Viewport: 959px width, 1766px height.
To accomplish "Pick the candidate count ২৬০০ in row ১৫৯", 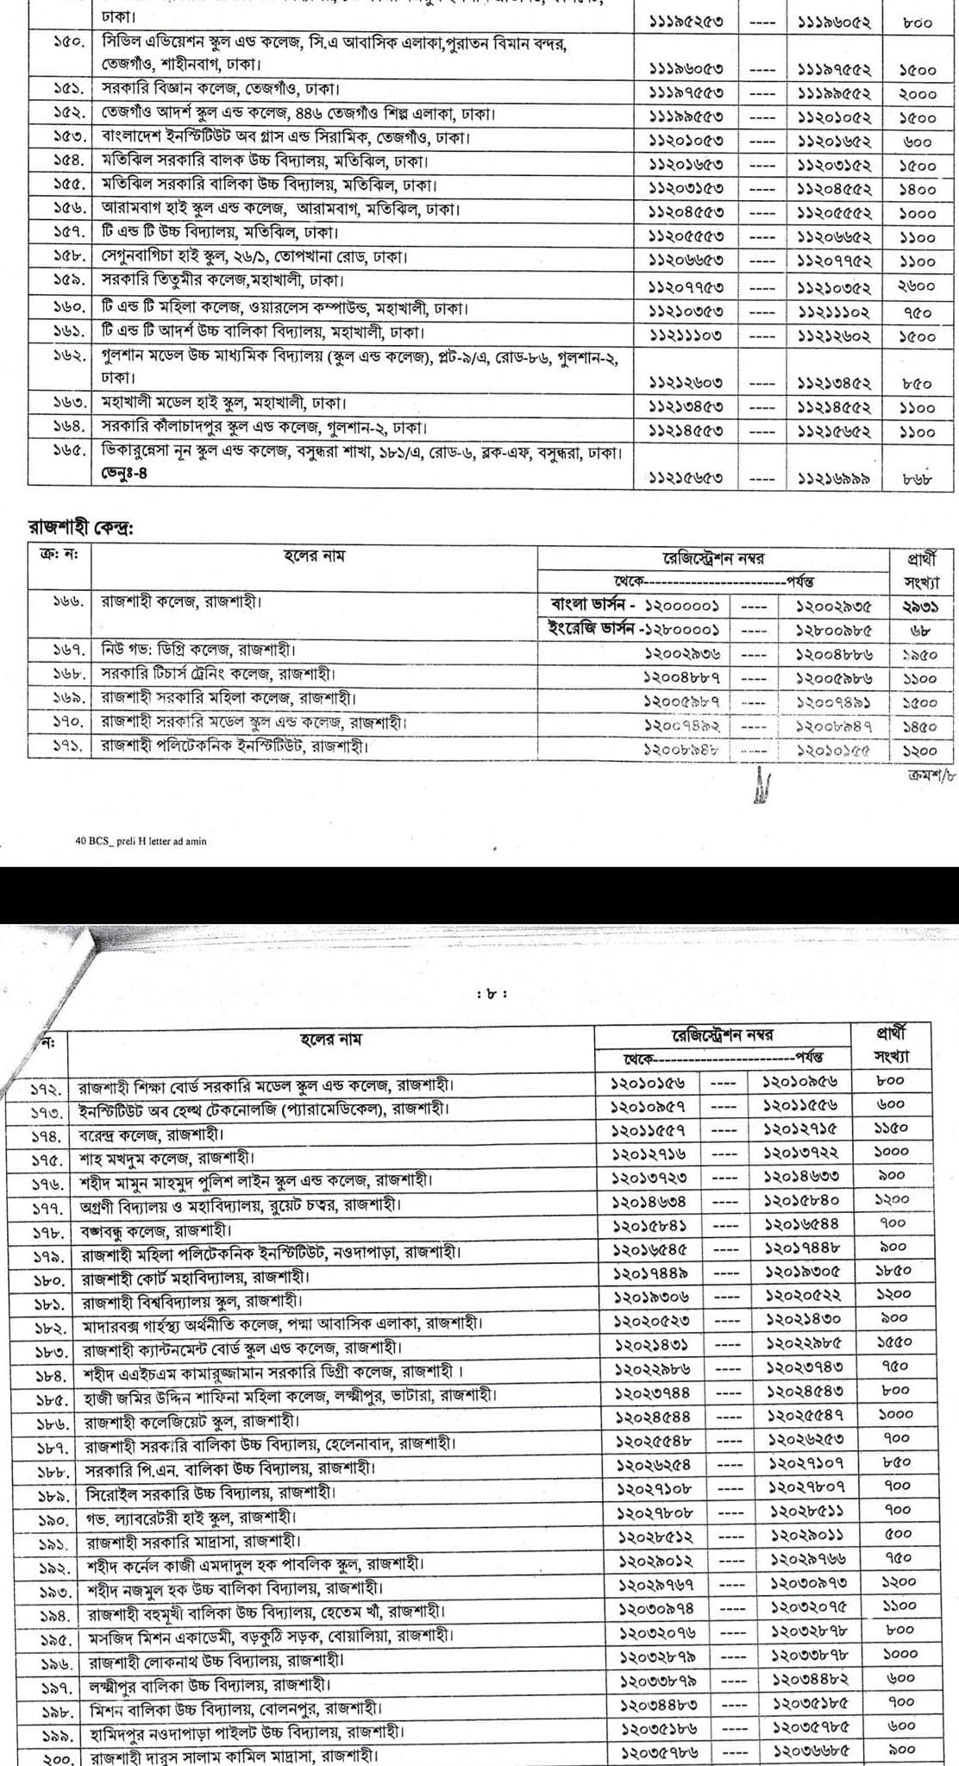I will (x=917, y=288).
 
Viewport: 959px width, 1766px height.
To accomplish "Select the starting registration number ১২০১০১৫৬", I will (x=645, y=1081).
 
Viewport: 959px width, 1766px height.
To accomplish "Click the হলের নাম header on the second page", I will (x=330, y=1039).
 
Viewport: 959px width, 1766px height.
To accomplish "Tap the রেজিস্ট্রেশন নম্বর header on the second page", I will (x=723, y=1034).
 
